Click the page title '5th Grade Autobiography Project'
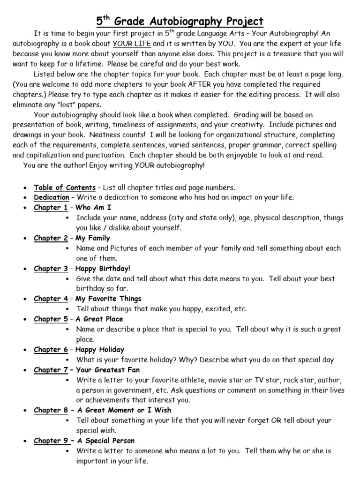[180, 21]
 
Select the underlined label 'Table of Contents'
[65, 187]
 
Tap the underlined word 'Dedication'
[52, 197]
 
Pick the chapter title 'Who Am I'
[94, 208]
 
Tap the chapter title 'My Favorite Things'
[109, 299]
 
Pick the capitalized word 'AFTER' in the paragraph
[192, 84]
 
